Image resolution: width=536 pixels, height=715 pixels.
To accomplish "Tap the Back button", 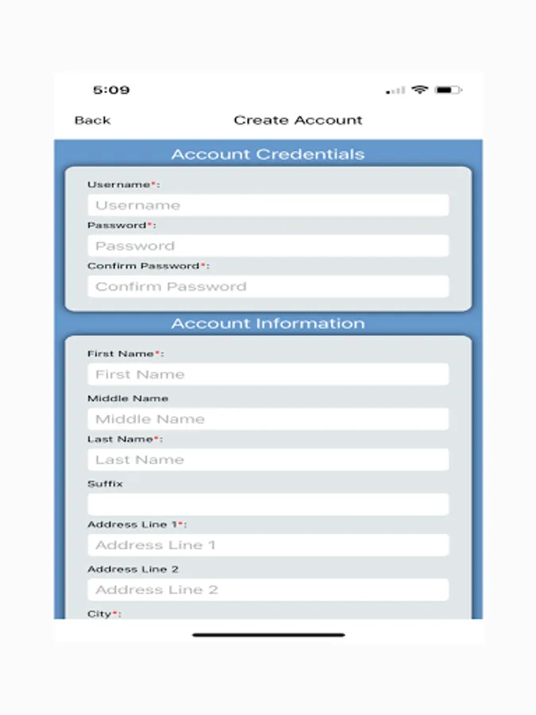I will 92,120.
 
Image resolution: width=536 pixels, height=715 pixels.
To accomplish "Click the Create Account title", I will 298,120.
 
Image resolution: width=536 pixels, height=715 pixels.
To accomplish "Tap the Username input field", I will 268,205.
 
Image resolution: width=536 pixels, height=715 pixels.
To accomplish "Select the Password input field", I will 268,245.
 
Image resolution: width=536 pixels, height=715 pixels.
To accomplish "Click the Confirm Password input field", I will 268,286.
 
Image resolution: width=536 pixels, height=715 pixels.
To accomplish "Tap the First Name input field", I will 268,374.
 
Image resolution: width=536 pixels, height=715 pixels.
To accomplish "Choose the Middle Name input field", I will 268,419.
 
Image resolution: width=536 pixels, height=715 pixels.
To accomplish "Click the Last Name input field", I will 268,459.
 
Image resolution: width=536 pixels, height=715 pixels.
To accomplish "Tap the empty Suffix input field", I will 268,504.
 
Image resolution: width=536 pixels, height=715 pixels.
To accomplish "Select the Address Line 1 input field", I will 268,545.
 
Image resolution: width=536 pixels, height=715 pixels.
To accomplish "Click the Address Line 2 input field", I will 268,589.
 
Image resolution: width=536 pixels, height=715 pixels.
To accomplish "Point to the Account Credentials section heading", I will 268,154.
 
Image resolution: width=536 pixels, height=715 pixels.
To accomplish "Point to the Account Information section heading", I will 268,323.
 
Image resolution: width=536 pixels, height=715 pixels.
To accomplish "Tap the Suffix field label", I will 105,483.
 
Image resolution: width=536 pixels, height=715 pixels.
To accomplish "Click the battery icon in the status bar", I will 449,90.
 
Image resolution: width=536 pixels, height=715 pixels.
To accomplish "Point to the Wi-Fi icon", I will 419,90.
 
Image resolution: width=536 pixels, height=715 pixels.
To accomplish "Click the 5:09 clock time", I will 111,90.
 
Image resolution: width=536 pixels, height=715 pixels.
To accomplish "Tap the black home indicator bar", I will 268,635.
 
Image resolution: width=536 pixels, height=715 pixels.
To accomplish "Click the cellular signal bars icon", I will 395,91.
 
